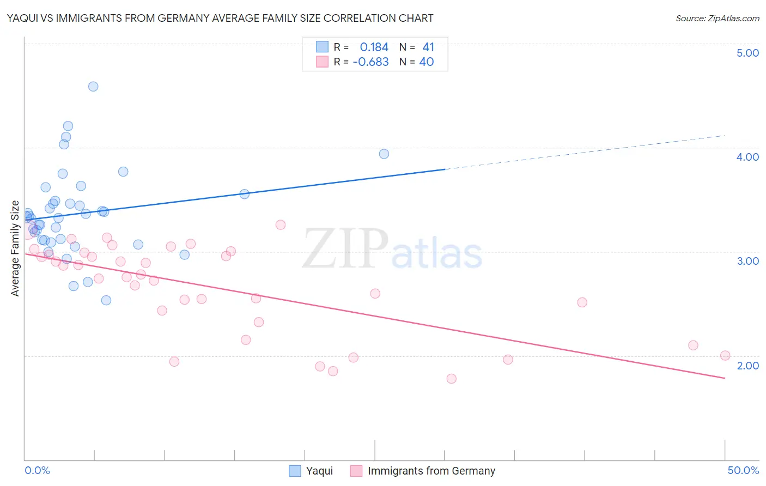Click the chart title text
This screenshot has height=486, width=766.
pyautogui.click(x=220, y=19)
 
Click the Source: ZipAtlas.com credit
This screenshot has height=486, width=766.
pyautogui.click(x=717, y=19)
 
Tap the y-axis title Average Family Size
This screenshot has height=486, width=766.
pyautogui.click(x=15, y=248)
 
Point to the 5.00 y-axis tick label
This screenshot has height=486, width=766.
pyautogui.click(x=747, y=53)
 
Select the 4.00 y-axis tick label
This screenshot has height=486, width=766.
pyautogui.click(x=747, y=157)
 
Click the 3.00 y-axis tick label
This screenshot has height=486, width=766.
pyautogui.click(x=747, y=261)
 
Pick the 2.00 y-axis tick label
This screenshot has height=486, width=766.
pyautogui.click(x=747, y=366)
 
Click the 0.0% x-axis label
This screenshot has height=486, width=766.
pyautogui.click(x=37, y=470)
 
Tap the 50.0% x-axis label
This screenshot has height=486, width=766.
pyautogui.click(x=743, y=470)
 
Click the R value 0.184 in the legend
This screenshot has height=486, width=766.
pyautogui.click(x=374, y=47)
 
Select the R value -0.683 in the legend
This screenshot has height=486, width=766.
pyautogui.click(x=371, y=62)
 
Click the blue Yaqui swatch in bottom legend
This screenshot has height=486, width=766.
pyautogui.click(x=295, y=471)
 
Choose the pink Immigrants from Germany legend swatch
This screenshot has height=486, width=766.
pyautogui.click(x=356, y=471)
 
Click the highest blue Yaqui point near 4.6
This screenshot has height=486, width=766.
pyautogui.click(x=93, y=87)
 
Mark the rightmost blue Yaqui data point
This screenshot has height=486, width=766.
pyautogui.click(x=384, y=154)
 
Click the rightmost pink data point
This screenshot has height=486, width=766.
pyautogui.click(x=725, y=356)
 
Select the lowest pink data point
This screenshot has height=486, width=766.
pyautogui.click(x=451, y=379)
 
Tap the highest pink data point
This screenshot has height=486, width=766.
pyautogui.click(x=281, y=225)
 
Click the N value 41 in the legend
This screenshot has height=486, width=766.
pyautogui.click(x=428, y=47)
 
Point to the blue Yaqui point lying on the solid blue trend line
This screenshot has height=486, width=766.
pyautogui.click(x=245, y=195)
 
